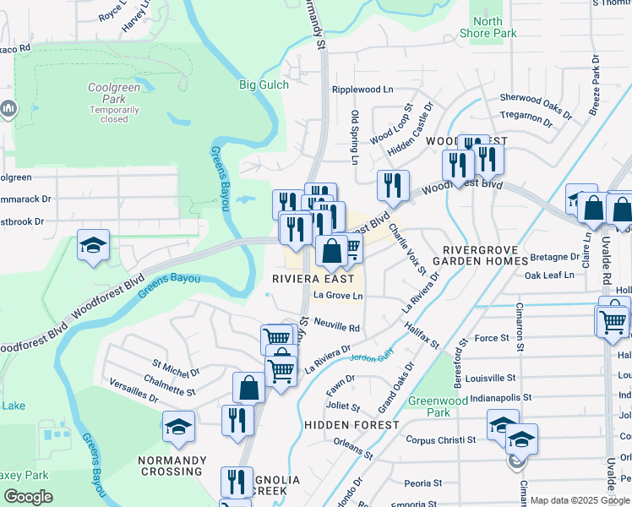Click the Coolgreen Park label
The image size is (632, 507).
[x=114, y=101]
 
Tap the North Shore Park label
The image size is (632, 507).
[x=488, y=27]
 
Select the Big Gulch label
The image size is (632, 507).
[x=264, y=84]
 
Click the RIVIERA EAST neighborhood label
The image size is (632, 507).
[x=313, y=279]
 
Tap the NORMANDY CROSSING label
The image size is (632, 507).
[x=172, y=466]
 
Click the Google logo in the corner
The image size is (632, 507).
[x=28, y=497]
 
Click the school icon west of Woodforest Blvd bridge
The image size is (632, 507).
[x=93, y=246]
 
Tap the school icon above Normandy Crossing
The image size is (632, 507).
[x=179, y=427]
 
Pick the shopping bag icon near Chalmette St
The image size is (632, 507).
[x=249, y=389]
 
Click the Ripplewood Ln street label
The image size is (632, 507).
[x=362, y=89]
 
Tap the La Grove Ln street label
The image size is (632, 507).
[x=337, y=296]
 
